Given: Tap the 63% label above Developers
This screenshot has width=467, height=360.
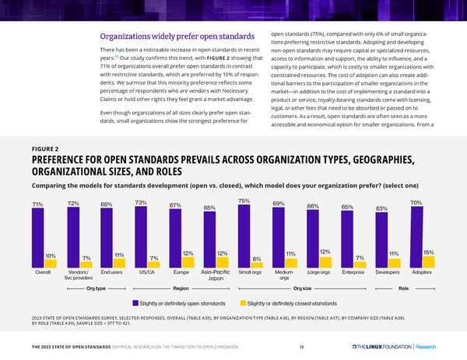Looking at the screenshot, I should point(382,208).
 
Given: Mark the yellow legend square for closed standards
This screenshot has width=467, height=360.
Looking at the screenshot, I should point(241,302).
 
